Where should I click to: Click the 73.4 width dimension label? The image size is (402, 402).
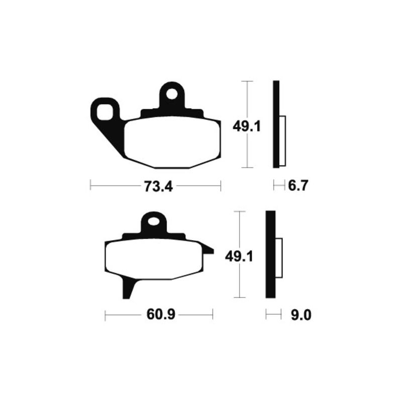click(x=158, y=186)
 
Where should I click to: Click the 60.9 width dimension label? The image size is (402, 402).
click(x=161, y=315)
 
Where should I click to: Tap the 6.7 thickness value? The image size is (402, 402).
click(x=297, y=185)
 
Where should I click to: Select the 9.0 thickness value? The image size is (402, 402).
click(x=301, y=315)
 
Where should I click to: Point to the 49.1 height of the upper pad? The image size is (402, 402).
click(x=247, y=127)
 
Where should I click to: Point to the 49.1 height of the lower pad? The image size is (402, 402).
click(x=239, y=256)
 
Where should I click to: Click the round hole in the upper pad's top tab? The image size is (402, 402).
click(x=172, y=94)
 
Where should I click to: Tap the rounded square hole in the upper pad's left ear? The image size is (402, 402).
click(x=105, y=112)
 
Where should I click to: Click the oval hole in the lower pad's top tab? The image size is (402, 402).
click(x=154, y=221)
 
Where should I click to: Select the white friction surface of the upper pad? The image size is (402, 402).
click(x=172, y=142)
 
